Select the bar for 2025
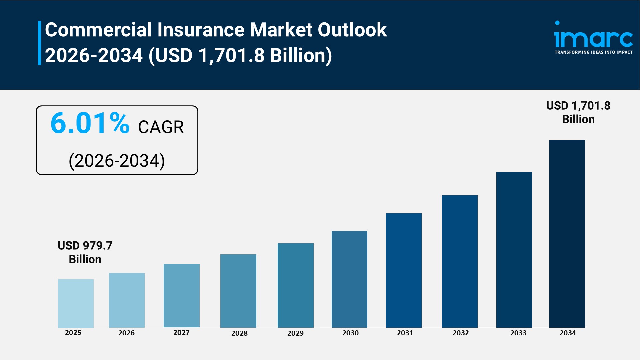[x=76, y=303]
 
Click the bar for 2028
[x=238, y=291]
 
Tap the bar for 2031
[x=404, y=270]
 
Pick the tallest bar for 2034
[x=567, y=234]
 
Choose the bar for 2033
[x=514, y=250]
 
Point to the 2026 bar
[x=127, y=300]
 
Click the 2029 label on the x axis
[x=295, y=333]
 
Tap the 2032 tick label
[x=461, y=333]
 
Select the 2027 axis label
[x=181, y=333]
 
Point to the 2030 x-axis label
[x=350, y=333]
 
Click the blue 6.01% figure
[x=90, y=123]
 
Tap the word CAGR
[x=161, y=127]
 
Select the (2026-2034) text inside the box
[x=117, y=161]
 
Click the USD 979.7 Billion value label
[x=85, y=252]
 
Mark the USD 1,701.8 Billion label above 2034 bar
[x=578, y=112]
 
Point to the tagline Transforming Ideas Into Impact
[x=593, y=52]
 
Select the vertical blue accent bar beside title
[x=39, y=43]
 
